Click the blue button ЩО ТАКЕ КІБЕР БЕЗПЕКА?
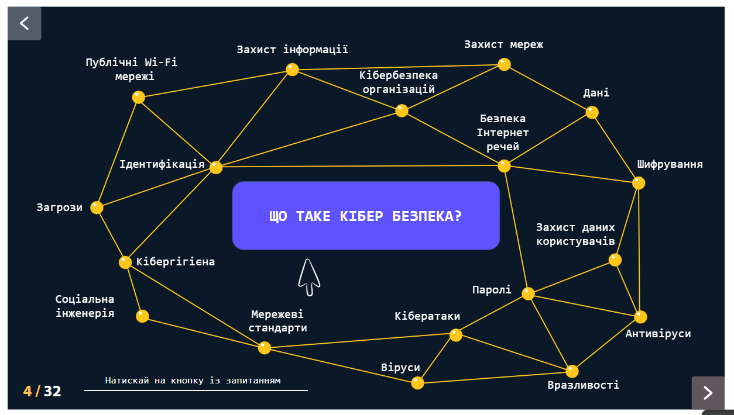[366, 216]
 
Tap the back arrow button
[25, 23]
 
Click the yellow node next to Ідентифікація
[216, 167]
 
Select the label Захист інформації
[292, 50]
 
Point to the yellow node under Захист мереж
[505, 64]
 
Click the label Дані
[596, 92]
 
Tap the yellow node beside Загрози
[97, 207]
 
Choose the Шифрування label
[670, 164]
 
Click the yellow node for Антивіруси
[640, 317]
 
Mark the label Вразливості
[583, 385]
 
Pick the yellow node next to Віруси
[417, 383]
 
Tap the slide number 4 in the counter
[28, 391]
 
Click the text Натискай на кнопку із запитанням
[193, 381]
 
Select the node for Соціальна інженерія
[142, 316]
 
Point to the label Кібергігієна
[176, 262]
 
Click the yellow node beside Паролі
[528, 293]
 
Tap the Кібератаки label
[427, 316]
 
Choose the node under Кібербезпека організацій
[402, 110]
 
